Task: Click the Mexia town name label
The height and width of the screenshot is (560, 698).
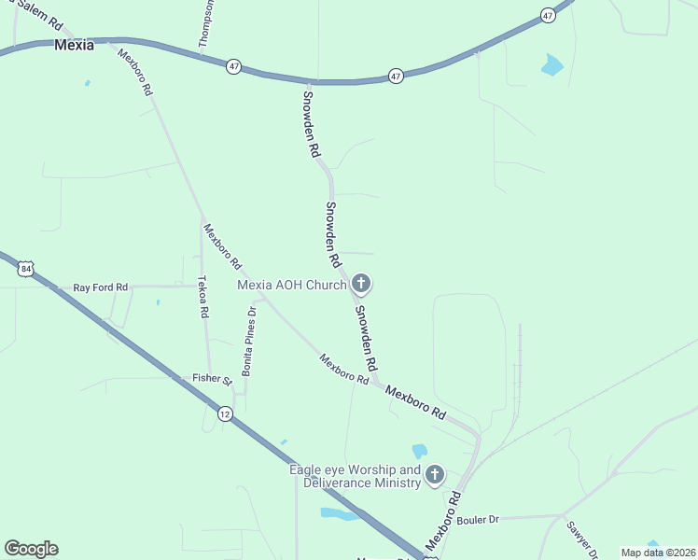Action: click(74, 44)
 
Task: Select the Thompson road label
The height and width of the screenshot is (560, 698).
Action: click(207, 23)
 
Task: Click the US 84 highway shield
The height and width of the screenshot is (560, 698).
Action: click(25, 269)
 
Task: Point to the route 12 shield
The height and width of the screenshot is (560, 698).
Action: click(225, 413)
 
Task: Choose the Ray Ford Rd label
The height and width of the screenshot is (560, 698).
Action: click(100, 287)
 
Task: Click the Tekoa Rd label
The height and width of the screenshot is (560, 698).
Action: click(203, 298)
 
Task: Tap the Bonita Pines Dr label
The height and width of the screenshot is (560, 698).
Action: click(248, 341)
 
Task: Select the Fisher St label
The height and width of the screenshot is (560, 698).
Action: click(212, 379)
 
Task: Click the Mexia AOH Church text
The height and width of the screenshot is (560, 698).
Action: click(292, 285)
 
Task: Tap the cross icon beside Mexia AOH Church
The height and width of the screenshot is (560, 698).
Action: click(361, 285)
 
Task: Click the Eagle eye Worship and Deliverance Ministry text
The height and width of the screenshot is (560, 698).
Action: click(355, 476)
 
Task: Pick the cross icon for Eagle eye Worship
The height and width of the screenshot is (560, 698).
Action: click(434, 476)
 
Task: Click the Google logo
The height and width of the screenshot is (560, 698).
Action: click(31, 549)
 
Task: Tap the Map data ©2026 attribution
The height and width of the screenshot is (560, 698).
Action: click(658, 553)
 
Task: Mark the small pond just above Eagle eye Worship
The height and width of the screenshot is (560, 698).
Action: click(419, 451)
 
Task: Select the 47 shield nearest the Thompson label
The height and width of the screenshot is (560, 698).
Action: click(233, 65)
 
